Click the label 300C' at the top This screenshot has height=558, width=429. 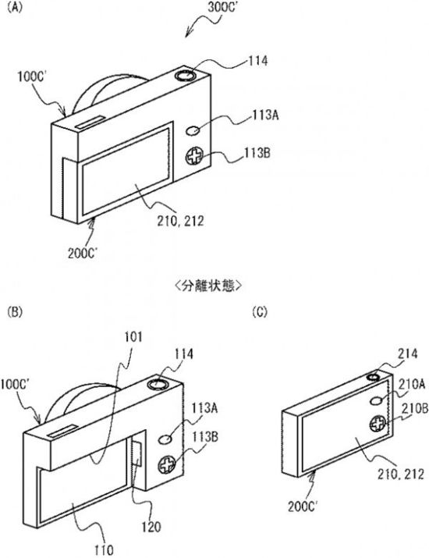tap(222, 8)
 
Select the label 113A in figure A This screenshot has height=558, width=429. tap(266, 116)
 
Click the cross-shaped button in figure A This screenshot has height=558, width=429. tap(194, 156)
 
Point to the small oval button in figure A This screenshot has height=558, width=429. tap(193, 130)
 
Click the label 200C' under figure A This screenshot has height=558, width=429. tap(83, 254)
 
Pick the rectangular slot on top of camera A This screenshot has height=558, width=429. tap(90, 123)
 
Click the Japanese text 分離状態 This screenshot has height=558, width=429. tap(208, 286)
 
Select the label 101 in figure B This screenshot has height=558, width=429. tap(133, 336)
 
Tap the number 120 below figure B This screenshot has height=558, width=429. tap(151, 527)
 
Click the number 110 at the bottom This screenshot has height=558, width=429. tap(104, 550)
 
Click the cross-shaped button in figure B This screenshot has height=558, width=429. tap(167, 464)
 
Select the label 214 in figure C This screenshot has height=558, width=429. tap(407, 354)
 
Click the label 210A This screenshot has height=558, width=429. tap(412, 384)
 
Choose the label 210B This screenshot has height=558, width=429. tap(415, 408)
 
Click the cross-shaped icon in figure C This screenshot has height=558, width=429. tap(378, 424)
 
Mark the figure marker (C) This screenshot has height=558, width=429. tap(259, 312)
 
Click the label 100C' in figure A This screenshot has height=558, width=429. tap(32, 76)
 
